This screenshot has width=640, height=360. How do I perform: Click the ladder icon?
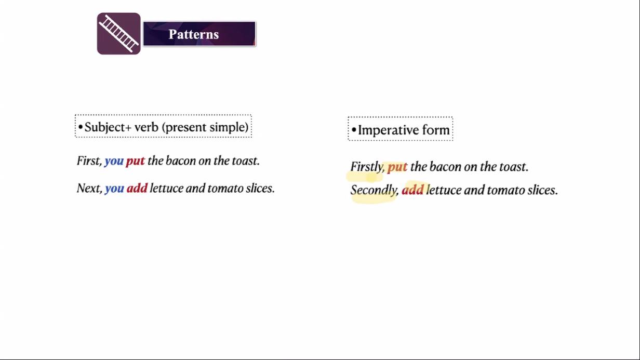tap(118, 33)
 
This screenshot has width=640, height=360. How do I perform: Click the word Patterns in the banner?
tap(193, 34)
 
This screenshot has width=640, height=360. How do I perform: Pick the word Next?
tap(89, 188)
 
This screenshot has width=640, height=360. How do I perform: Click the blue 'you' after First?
tap(114, 162)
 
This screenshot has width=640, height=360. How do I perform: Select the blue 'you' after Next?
tap(114, 189)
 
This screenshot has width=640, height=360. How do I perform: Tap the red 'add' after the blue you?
tap(137, 188)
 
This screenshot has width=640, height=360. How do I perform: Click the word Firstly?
tap(367, 167)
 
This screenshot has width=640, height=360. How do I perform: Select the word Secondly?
tap(374, 190)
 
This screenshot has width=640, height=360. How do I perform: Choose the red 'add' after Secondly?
tap(412, 190)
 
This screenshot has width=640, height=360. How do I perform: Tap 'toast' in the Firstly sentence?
tap(514, 167)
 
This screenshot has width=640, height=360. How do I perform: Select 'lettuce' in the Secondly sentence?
tap(444, 190)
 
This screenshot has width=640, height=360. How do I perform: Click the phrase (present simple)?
tap(205, 127)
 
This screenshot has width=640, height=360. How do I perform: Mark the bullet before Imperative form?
tap(354, 130)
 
